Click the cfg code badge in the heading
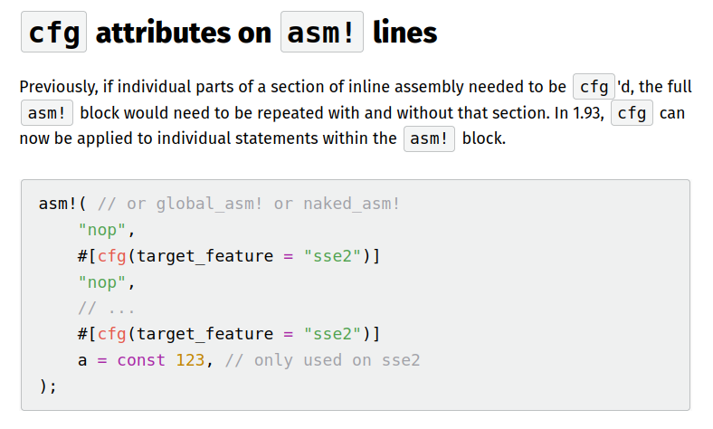[x=53, y=32]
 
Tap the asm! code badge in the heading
[x=322, y=32]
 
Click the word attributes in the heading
[x=163, y=33]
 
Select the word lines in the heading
[x=404, y=33]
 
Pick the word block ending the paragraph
[x=484, y=138]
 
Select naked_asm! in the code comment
[x=351, y=204]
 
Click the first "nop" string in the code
[x=102, y=230]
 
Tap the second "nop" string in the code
[x=102, y=282]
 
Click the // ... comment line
[x=107, y=309]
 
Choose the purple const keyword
[x=141, y=360]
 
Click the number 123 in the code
[x=191, y=360]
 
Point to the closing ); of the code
[x=48, y=386]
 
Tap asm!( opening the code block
[x=62, y=204]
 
